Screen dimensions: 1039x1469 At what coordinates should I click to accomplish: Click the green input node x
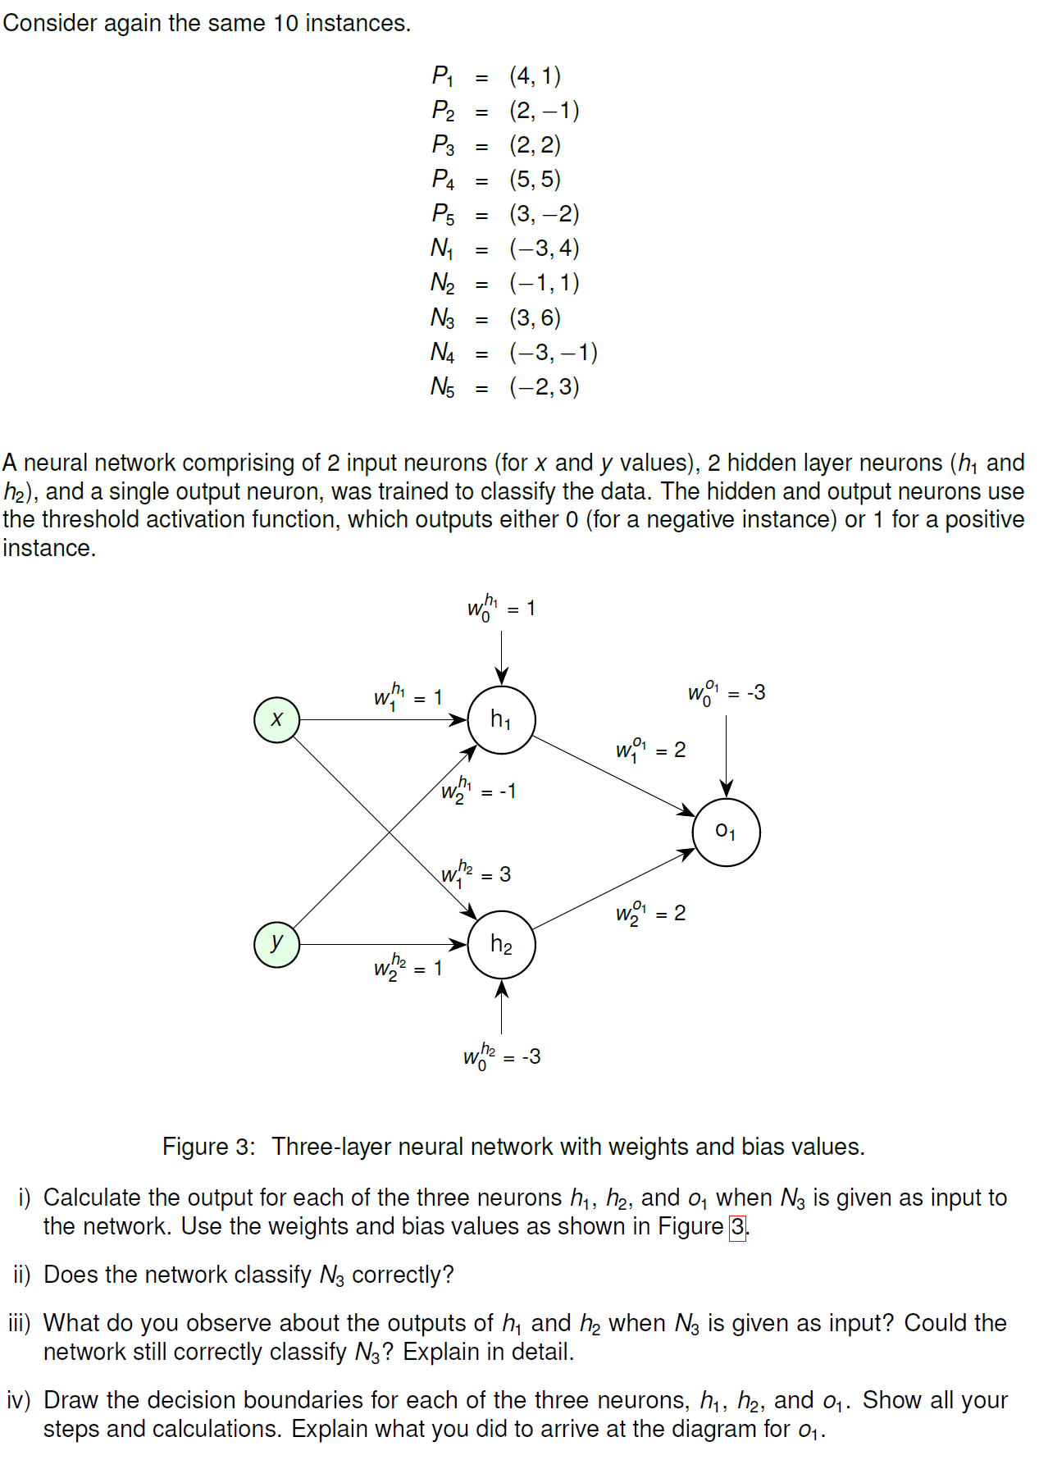click(276, 719)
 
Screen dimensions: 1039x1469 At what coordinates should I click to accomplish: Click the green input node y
click(276, 944)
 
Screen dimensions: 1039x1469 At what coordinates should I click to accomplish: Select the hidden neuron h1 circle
click(501, 719)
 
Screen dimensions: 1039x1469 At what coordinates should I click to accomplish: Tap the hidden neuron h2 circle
click(501, 944)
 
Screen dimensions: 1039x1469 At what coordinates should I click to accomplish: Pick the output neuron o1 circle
click(726, 832)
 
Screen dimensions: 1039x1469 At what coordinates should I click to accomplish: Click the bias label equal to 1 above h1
click(500, 609)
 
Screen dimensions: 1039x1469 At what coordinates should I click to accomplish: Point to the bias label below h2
click(501, 1056)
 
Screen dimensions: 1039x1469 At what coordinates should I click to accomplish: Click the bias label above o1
click(726, 693)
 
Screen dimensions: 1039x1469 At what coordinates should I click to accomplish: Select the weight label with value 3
click(476, 874)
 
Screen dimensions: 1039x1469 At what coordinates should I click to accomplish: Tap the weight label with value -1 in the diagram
click(478, 791)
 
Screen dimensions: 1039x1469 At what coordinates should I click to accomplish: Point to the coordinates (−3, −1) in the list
click(554, 353)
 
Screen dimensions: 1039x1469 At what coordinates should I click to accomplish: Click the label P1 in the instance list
click(443, 76)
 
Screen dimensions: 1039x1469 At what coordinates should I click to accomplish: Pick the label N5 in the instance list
click(443, 387)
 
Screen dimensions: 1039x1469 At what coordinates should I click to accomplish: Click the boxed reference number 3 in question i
click(738, 1227)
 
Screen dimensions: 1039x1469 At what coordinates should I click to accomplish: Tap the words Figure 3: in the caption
click(209, 1147)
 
